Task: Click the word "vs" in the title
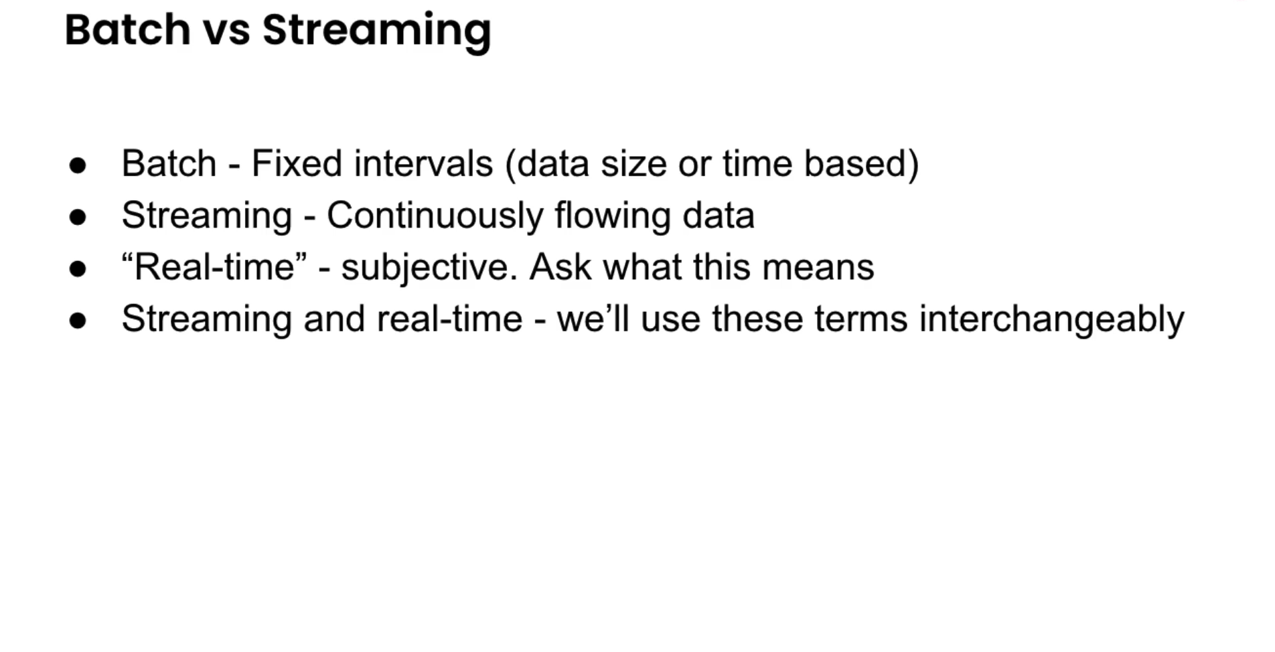(x=226, y=31)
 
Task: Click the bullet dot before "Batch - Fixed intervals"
(x=78, y=165)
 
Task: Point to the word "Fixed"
(x=297, y=163)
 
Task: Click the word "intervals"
(x=423, y=163)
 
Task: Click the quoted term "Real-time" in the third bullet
(x=214, y=267)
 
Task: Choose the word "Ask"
(x=560, y=267)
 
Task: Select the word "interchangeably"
(x=1051, y=319)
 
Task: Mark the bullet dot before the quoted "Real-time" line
(x=78, y=268)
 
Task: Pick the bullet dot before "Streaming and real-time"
(x=78, y=320)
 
